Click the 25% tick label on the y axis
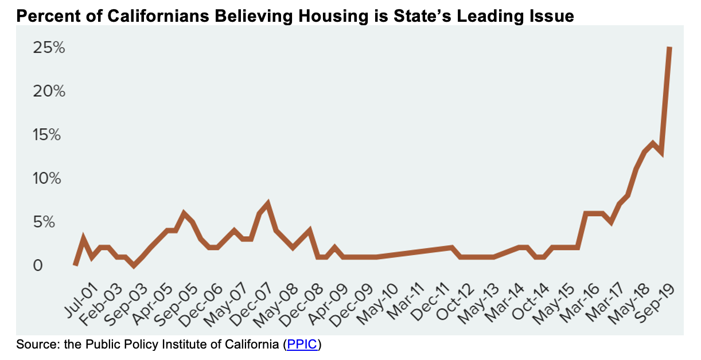click(x=49, y=48)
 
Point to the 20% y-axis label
click(x=49, y=92)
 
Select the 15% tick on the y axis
click(x=49, y=135)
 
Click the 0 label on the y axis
click(x=37, y=266)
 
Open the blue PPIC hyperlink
click(x=302, y=345)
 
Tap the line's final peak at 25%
click(x=669, y=49)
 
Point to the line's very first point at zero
click(x=76, y=265)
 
